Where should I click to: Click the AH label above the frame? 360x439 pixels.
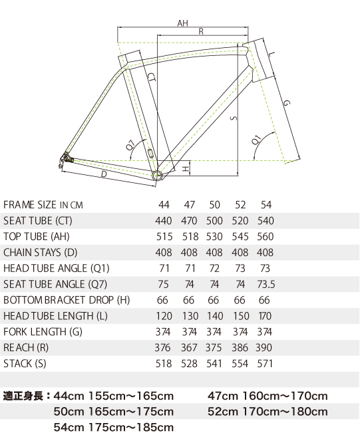(x=182, y=23)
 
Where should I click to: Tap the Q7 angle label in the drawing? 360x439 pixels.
(x=130, y=145)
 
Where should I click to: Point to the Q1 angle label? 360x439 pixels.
(x=257, y=140)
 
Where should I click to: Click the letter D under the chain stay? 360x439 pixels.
(x=104, y=174)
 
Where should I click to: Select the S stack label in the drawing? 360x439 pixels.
(x=234, y=118)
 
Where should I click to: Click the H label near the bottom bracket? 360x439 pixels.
(x=186, y=168)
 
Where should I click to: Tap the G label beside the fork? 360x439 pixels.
(x=285, y=103)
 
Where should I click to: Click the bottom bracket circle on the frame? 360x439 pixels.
(x=157, y=176)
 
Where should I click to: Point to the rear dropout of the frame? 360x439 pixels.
(x=66, y=159)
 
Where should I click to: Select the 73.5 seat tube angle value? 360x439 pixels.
(x=266, y=284)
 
